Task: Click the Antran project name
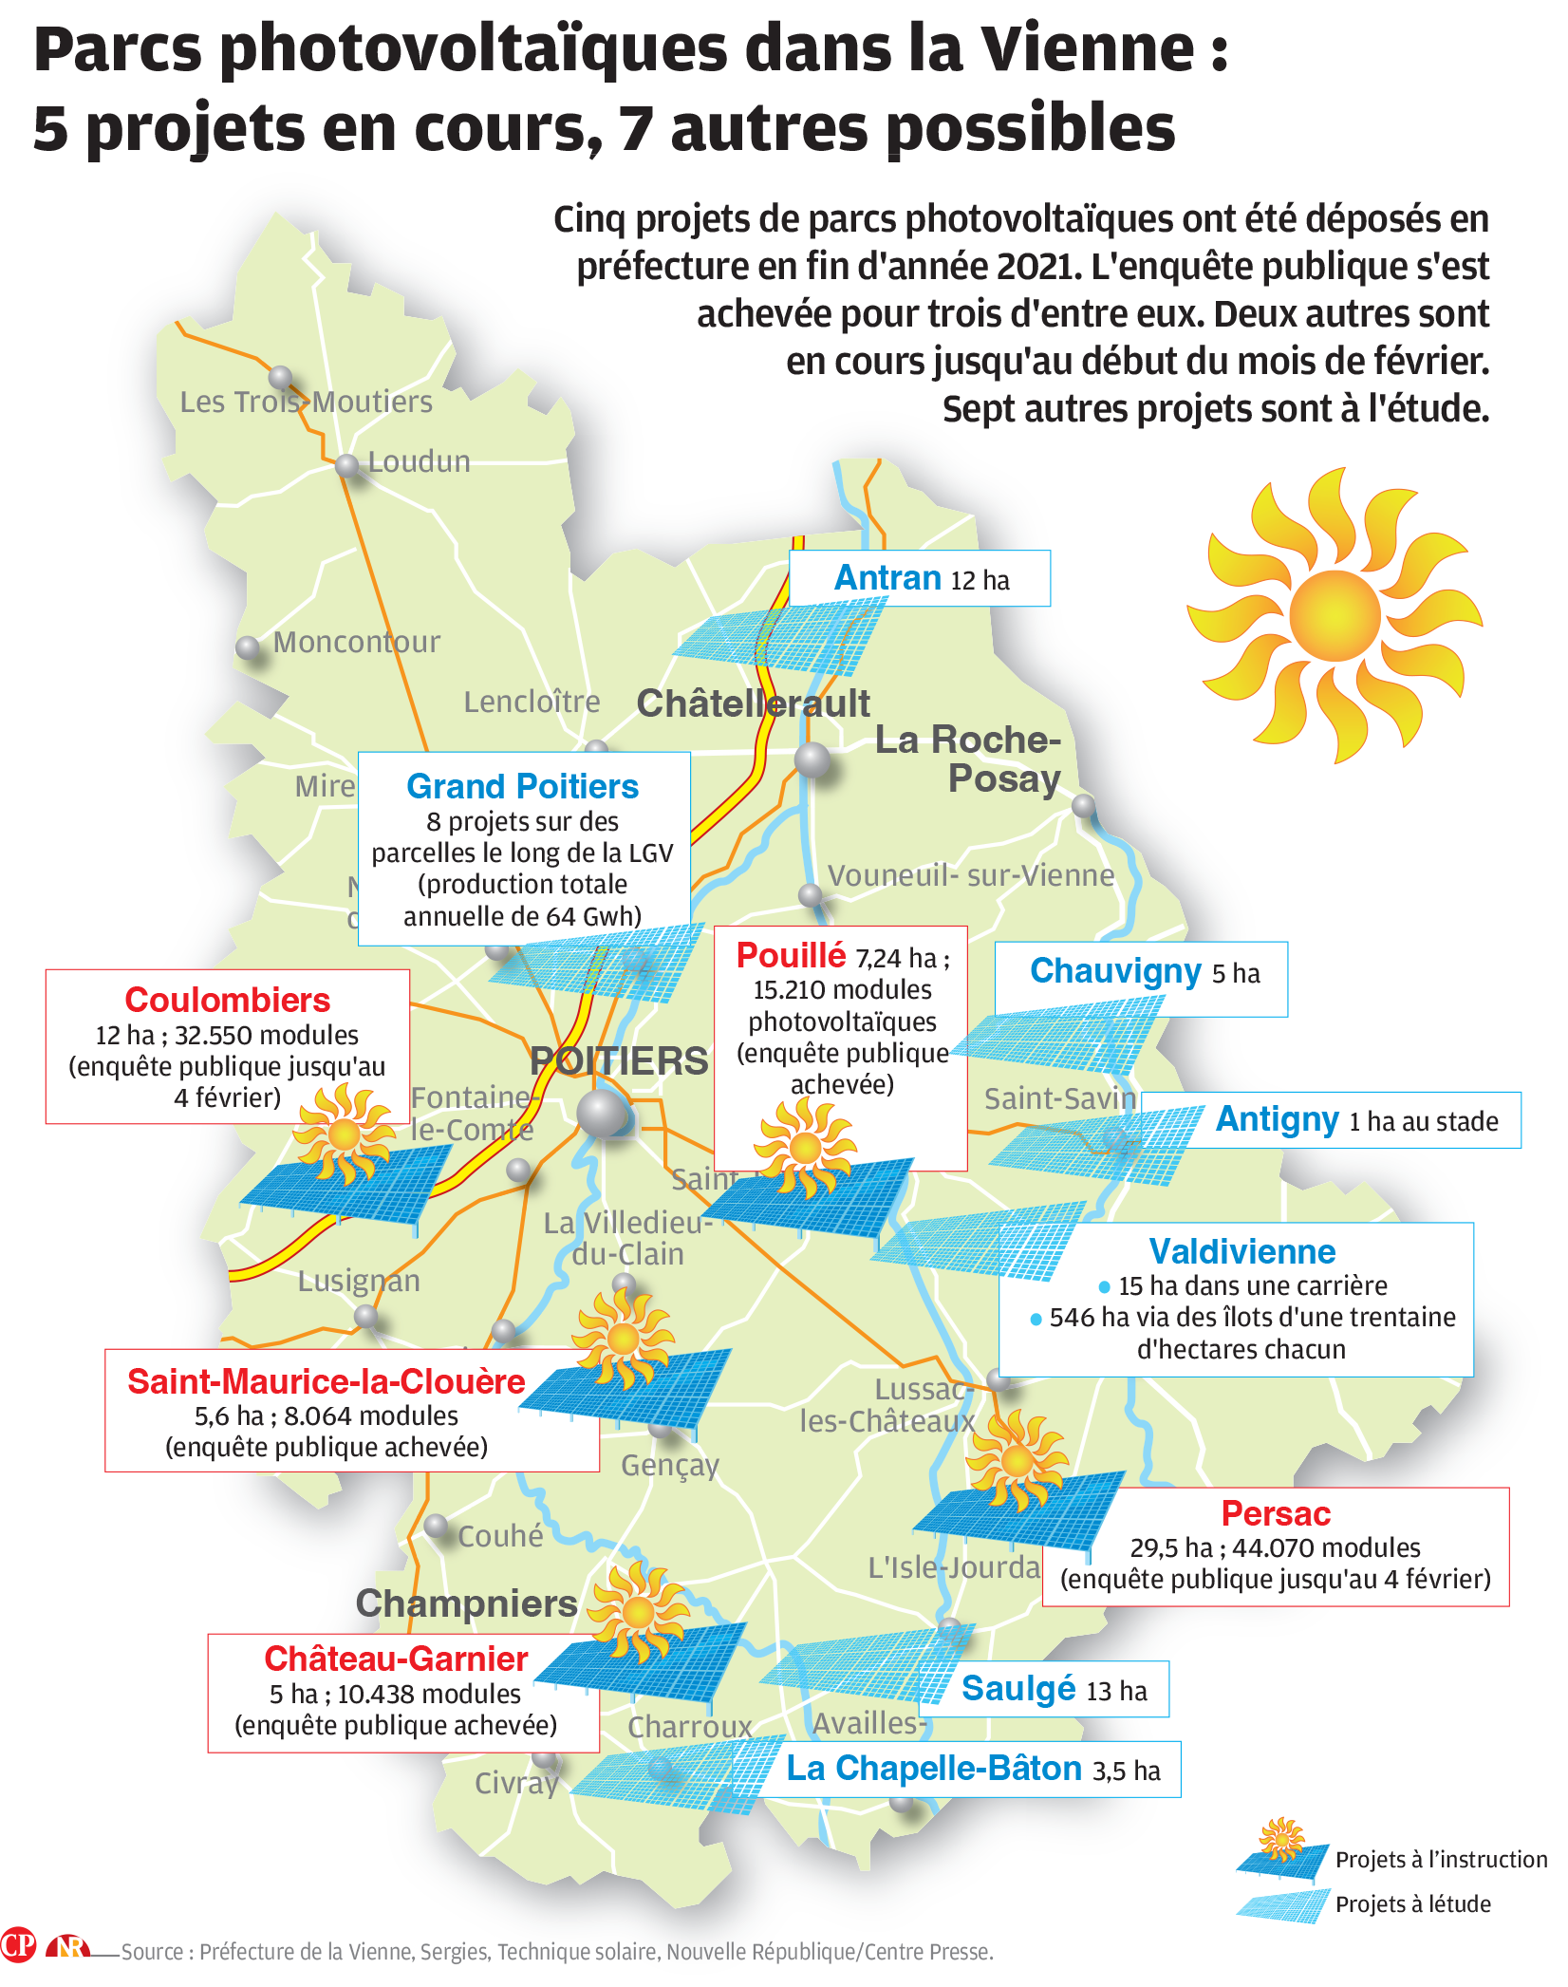(x=887, y=578)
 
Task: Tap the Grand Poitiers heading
(x=522, y=787)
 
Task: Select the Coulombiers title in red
(x=228, y=1001)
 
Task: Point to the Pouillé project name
(x=791, y=955)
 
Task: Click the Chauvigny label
(x=1115, y=971)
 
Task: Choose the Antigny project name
(x=1277, y=1119)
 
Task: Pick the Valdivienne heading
(x=1241, y=1252)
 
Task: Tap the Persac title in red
(x=1276, y=1513)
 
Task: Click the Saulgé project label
(x=1017, y=1689)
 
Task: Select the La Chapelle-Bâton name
(x=934, y=1769)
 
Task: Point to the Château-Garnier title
(x=396, y=1659)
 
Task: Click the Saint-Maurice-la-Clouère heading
(x=327, y=1381)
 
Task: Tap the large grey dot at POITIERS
(x=602, y=1113)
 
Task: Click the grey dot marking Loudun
(x=347, y=465)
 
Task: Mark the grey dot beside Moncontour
(x=248, y=647)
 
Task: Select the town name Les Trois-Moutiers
(x=306, y=403)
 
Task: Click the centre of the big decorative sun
(x=1335, y=615)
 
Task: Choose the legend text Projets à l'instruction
(x=1441, y=1860)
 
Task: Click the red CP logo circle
(x=18, y=1945)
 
